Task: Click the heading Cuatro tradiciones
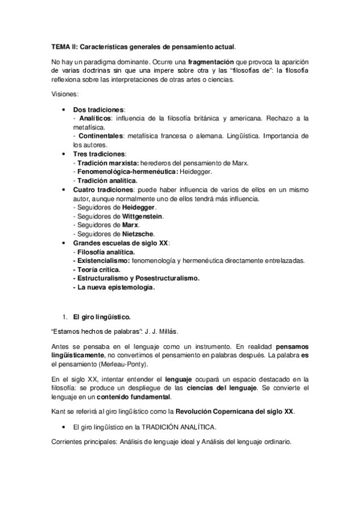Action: [x=102, y=189]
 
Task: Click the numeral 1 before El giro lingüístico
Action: [x=64, y=316]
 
